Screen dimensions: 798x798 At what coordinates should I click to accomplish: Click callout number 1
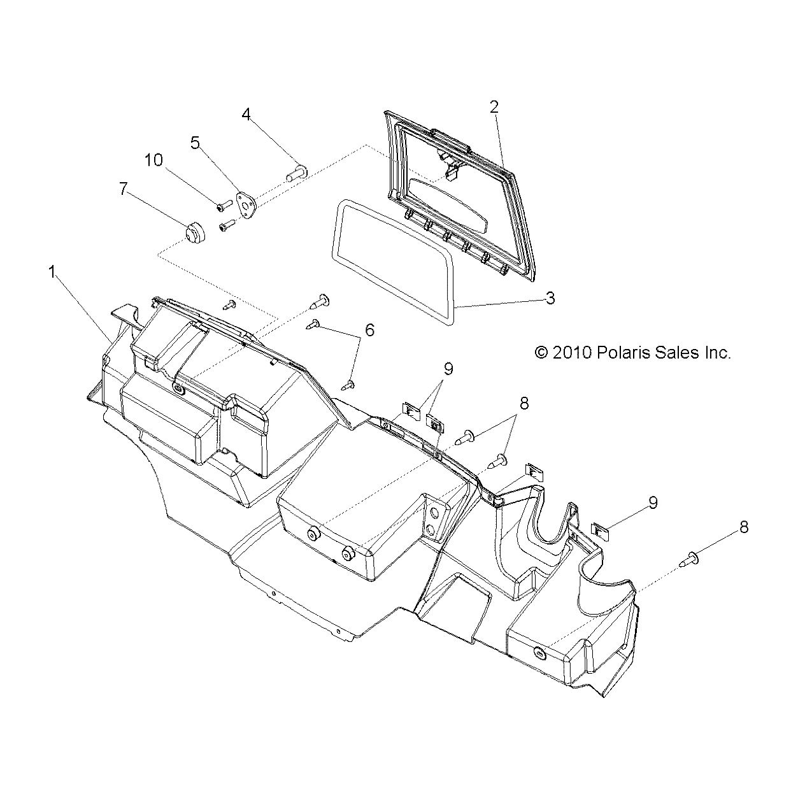tap(52, 272)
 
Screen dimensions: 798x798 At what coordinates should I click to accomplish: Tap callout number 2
tap(494, 107)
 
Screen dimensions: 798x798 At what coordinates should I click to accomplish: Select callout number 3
tap(550, 298)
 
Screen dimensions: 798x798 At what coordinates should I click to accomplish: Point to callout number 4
tap(246, 114)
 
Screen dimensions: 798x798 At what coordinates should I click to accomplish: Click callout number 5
tap(195, 143)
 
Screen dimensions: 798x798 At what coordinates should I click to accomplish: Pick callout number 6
tap(369, 330)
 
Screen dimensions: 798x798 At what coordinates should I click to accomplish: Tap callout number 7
tap(123, 189)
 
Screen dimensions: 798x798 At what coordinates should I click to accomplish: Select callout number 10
tap(153, 160)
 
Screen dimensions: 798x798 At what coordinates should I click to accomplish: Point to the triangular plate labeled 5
tap(246, 204)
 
